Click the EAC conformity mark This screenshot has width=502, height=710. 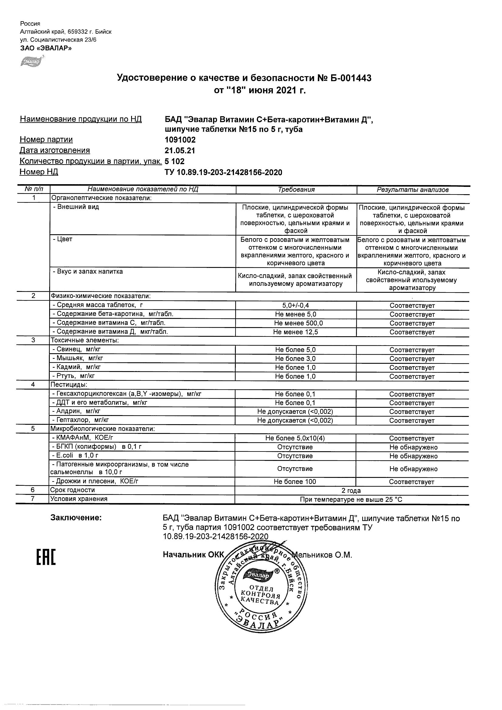tap(46, 557)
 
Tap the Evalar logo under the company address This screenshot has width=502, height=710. tap(31, 61)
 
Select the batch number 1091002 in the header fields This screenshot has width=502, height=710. tap(180, 140)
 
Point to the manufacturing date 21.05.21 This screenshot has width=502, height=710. tap(180, 150)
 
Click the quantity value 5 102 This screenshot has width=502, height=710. tap(175, 161)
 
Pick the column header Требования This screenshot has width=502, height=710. tap(296, 190)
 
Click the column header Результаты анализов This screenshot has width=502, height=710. tap(412, 190)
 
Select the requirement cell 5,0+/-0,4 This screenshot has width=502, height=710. tap(295, 306)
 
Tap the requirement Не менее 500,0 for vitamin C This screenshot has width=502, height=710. tap(295, 323)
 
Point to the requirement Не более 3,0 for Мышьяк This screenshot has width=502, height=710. tap(295, 359)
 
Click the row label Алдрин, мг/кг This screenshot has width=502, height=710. tap(76, 411)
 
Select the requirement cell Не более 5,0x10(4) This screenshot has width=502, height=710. tap(295, 438)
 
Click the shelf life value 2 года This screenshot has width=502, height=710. tap(351, 491)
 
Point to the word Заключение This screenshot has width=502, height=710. tap(76, 518)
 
